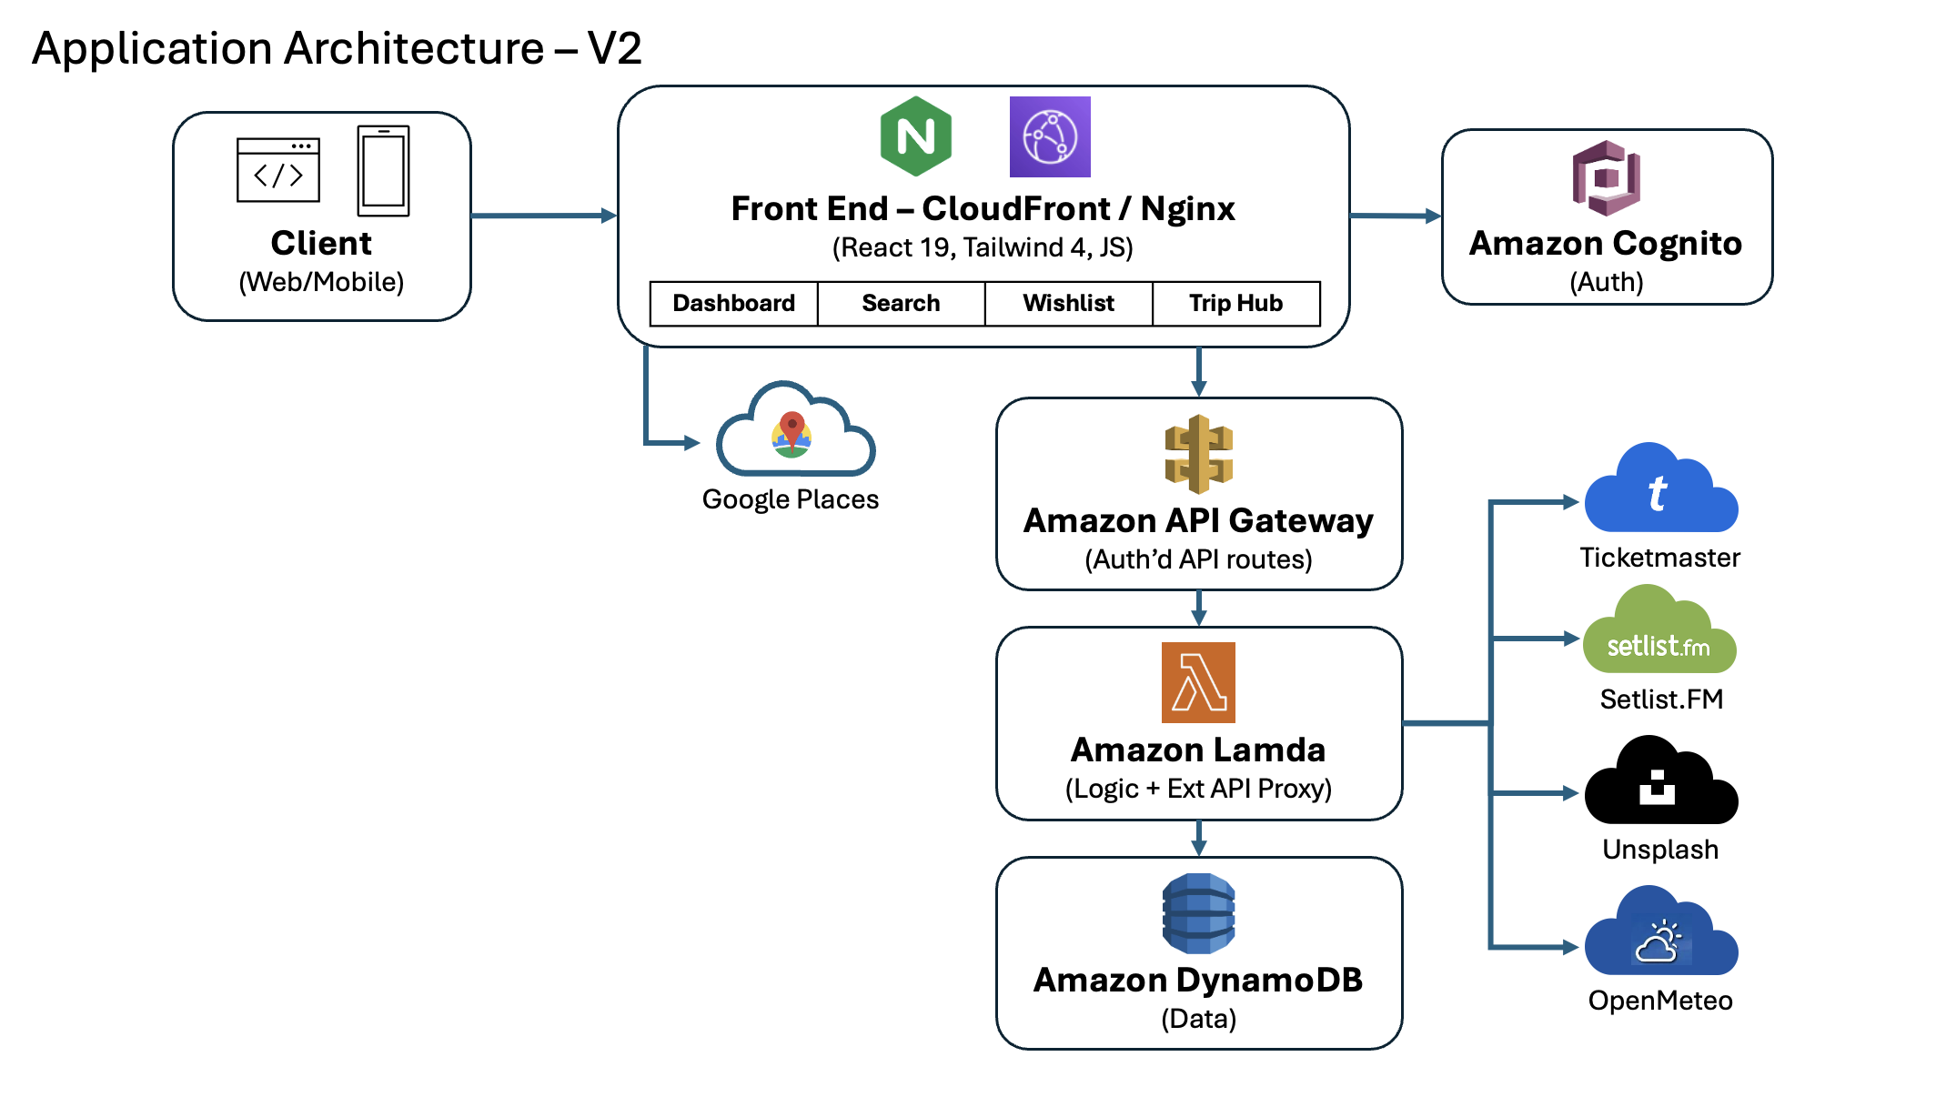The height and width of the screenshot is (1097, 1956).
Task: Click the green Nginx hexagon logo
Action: click(915, 136)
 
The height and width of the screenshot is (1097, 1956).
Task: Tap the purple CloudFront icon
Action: click(1050, 137)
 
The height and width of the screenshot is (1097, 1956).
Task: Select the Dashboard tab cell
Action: click(733, 303)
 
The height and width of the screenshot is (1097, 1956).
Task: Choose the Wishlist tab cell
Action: click(1068, 303)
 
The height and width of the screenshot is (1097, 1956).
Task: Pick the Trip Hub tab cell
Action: click(1235, 303)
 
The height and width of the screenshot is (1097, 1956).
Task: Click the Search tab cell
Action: click(901, 303)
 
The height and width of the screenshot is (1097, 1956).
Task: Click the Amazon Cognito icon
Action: click(1606, 177)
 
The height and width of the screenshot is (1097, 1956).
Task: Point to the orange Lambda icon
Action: click(1198, 682)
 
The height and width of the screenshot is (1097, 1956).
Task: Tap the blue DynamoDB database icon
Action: click(1198, 913)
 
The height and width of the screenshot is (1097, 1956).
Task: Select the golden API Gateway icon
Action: click(1198, 454)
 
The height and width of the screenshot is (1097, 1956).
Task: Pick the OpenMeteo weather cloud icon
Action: click(1660, 937)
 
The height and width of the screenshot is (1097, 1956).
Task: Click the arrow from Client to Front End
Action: click(543, 216)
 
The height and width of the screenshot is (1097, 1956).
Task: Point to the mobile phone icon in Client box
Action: click(383, 171)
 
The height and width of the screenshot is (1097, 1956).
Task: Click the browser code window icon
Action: click(277, 170)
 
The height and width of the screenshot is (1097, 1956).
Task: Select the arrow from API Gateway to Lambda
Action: click(1198, 608)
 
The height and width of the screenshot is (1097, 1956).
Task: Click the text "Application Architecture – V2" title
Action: click(337, 48)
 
